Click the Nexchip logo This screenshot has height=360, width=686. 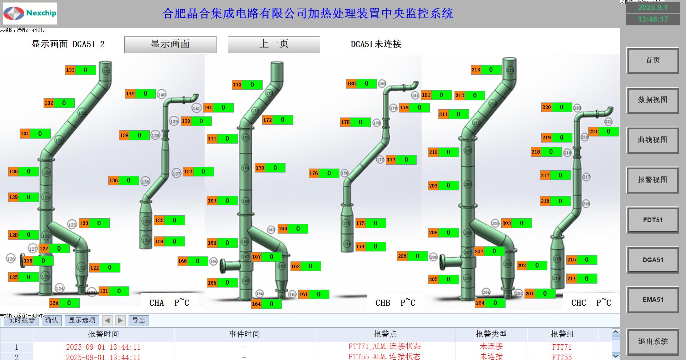tap(30, 14)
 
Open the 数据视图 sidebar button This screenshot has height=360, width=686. tap(652, 100)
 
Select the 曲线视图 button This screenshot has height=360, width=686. tap(652, 140)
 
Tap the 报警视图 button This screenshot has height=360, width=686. tap(652, 180)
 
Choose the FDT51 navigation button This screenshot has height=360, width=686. tap(652, 220)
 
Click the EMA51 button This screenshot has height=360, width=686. tap(652, 300)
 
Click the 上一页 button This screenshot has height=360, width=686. tap(274, 44)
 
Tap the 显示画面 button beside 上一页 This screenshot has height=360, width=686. tap(170, 44)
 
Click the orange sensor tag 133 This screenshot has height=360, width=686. tap(70, 70)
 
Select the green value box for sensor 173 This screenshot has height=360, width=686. tap(252, 85)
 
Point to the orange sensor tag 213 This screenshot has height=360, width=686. tap(476, 70)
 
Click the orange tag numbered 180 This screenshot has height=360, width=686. tap(352, 84)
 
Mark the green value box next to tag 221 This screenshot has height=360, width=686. tap(608, 131)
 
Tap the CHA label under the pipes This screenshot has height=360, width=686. tap(156, 303)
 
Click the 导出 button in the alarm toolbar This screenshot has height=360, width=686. tap(139, 320)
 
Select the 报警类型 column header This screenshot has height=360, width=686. tap(491, 334)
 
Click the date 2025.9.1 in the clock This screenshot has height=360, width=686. tap(653, 7)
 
